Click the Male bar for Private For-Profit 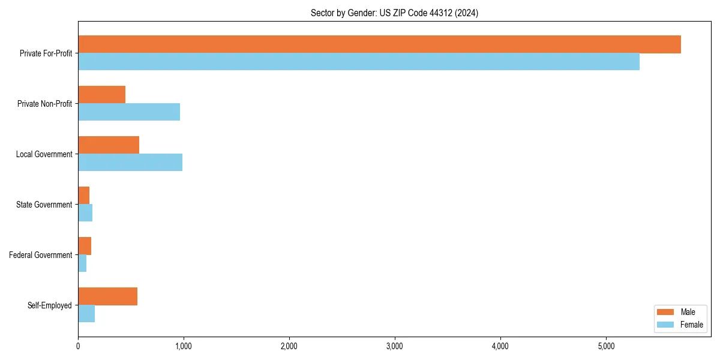click(379, 44)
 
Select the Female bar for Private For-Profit click(359, 62)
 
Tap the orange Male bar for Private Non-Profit click(101, 95)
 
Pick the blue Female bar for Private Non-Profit click(129, 112)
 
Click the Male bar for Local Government click(109, 145)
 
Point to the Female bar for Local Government click(130, 163)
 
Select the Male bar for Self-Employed click(107, 296)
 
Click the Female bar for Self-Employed click(86, 314)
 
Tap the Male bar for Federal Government click(85, 246)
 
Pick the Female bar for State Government click(85, 213)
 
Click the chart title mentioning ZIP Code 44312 click(394, 13)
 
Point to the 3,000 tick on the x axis click(395, 346)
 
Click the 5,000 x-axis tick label click(606, 346)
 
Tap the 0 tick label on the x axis click(78, 346)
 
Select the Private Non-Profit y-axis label click(44, 104)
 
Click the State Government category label click(44, 205)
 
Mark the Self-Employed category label click(49, 305)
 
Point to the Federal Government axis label click(41, 255)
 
